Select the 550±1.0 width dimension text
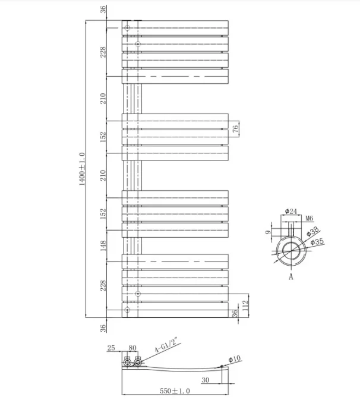[x=173, y=390]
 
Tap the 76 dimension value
[x=236, y=128]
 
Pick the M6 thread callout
[x=309, y=219]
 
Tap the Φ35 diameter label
[x=317, y=241]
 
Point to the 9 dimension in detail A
[x=268, y=233]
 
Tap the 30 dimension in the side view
[x=205, y=380]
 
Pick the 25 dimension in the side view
[x=111, y=348]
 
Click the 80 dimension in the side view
[x=132, y=348]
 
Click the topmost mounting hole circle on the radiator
[x=127, y=26]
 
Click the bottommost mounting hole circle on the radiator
[x=127, y=310]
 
